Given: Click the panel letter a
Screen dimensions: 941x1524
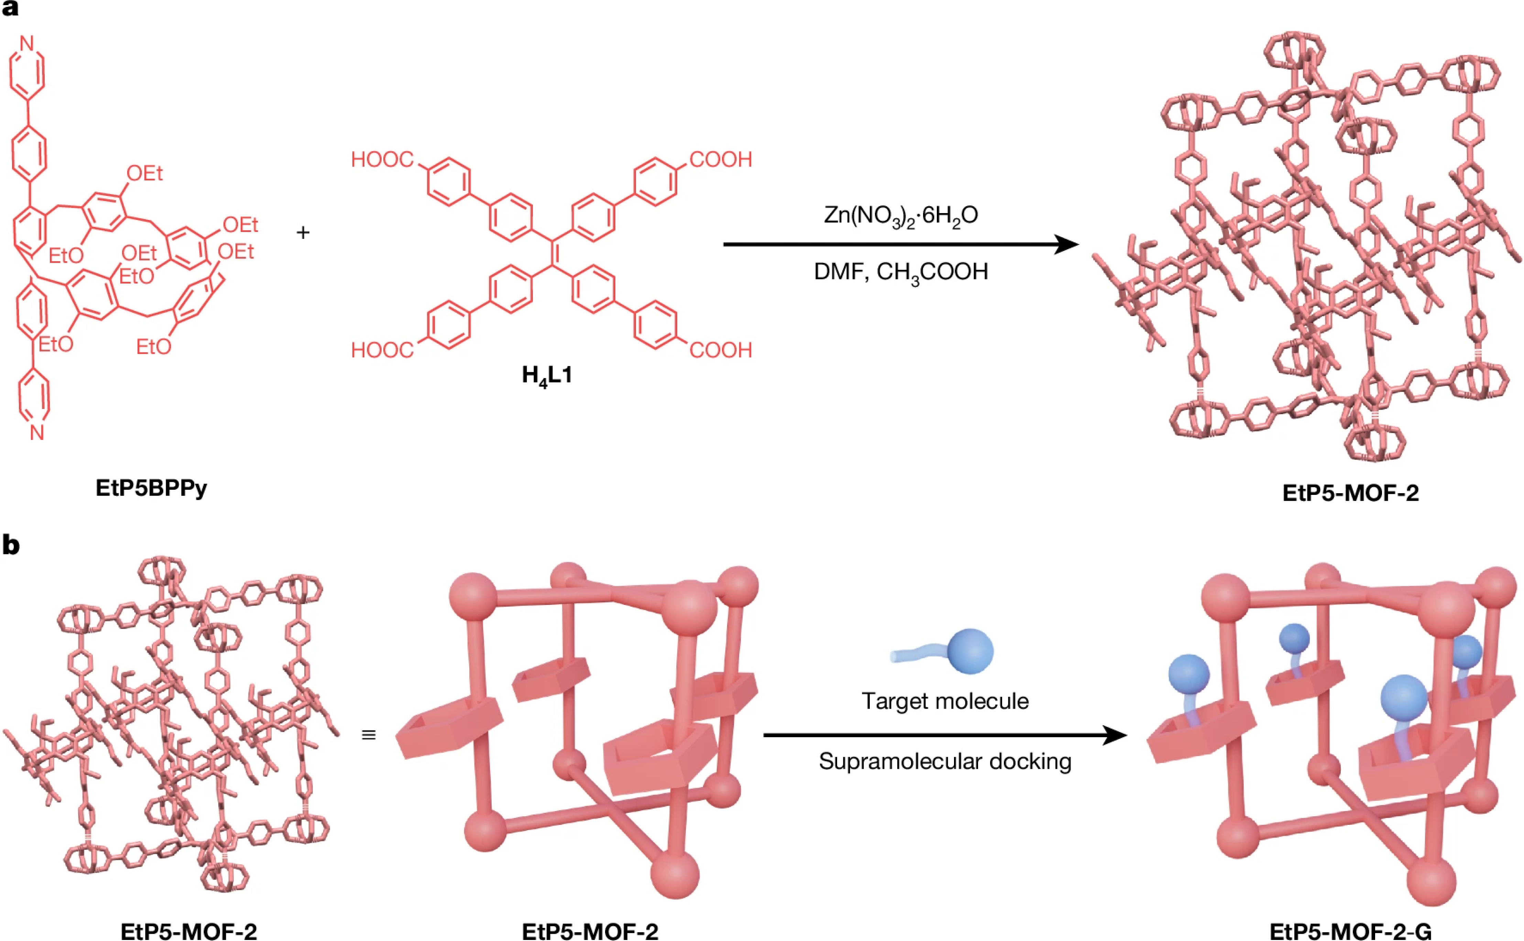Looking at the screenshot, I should click(10, 9).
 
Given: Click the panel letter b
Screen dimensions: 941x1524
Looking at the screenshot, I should click(11, 545).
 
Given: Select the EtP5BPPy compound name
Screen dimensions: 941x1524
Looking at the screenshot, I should click(151, 488).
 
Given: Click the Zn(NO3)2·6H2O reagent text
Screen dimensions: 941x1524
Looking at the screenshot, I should click(900, 215).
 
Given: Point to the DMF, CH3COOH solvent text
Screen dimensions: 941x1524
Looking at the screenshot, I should click(900, 272).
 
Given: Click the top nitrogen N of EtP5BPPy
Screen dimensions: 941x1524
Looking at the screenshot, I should click(27, 43).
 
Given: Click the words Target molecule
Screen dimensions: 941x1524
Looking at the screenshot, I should click(944, 701).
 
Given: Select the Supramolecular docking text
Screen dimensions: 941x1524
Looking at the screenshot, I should click(944, 762).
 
